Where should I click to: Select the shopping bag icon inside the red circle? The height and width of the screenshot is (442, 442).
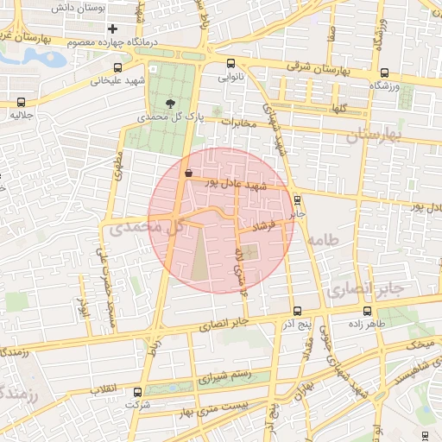tap(188, 173)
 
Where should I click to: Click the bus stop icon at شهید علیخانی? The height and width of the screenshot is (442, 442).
tap(117, 67)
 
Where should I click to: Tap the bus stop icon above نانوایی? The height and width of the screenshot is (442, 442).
tap(230, 63)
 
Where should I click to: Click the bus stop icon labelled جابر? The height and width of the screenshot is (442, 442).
tap(296, 198)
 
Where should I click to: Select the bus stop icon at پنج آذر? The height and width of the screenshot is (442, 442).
tap(297, 311)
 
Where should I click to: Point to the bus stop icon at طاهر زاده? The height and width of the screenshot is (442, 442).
tap(368, 311)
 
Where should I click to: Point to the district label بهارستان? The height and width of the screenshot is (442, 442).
tap(374, 136)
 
